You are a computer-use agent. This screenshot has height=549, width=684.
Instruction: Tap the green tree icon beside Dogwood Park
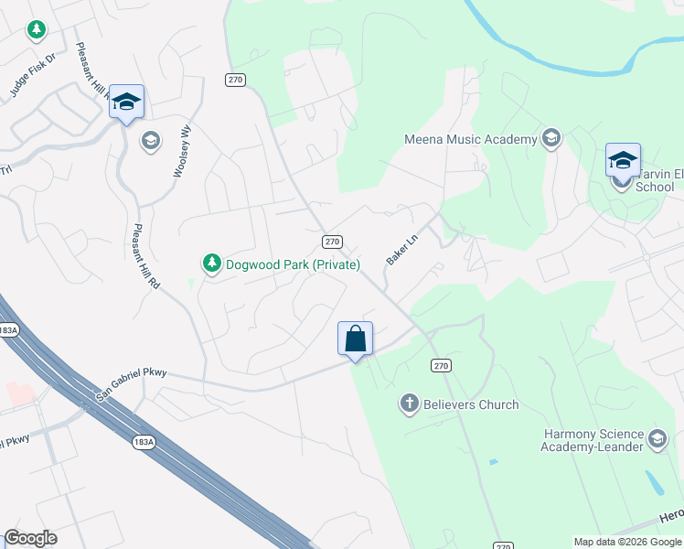point(212,264)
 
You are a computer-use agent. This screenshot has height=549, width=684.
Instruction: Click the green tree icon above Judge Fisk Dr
point(36,30)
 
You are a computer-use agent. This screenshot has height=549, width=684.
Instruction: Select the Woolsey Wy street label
point(182,151)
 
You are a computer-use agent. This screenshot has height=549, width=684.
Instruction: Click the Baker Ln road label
point(401,247)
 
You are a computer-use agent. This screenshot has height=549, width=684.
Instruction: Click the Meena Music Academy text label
point(470,139)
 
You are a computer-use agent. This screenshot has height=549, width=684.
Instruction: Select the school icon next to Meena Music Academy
point(550,139)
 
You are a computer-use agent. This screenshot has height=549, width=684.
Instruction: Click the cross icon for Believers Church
point(409,404)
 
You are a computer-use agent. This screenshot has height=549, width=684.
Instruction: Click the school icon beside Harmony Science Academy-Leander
point(657,440)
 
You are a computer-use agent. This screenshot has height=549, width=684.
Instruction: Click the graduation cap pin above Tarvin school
point(623,160)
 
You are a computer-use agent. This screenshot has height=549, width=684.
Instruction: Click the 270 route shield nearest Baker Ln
point(333,242)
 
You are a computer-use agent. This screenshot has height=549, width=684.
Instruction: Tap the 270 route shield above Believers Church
point(441,366)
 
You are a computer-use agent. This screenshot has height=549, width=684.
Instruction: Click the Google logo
point(31,538)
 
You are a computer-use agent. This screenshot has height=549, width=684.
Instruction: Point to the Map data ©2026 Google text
point(627,542)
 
